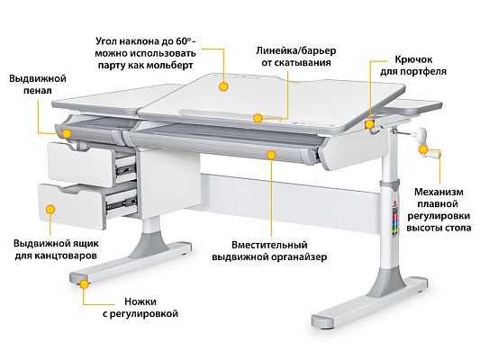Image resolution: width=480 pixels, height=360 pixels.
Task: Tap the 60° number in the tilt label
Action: pos(184,41)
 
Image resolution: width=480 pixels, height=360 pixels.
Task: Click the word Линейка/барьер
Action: pos(296,50)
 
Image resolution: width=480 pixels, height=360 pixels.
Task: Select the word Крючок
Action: pos(413,59)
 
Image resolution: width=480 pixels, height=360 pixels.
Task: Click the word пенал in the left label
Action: pos(38,91)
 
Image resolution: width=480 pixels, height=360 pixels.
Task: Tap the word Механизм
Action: pos(439,192)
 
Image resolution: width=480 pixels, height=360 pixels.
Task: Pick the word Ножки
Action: pos(140,301)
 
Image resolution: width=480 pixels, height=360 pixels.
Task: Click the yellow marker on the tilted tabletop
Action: pos(223,87)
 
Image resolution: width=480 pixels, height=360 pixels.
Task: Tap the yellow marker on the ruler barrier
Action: pos(258,118)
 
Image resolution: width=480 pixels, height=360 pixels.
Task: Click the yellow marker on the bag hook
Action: pos(370,124)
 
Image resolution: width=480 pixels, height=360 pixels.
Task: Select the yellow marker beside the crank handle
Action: pos(423,149)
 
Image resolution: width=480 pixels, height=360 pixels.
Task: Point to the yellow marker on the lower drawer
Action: pos(50,210)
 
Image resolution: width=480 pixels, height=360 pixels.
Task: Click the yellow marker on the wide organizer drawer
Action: pos(271,155)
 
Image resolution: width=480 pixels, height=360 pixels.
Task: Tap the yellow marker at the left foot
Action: pos(84,284)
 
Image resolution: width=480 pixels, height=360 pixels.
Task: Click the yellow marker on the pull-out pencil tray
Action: pos(67,134)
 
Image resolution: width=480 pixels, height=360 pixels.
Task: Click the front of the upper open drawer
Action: pos(81,164)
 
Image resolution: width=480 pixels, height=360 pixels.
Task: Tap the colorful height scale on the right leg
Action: pos(395,221)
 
